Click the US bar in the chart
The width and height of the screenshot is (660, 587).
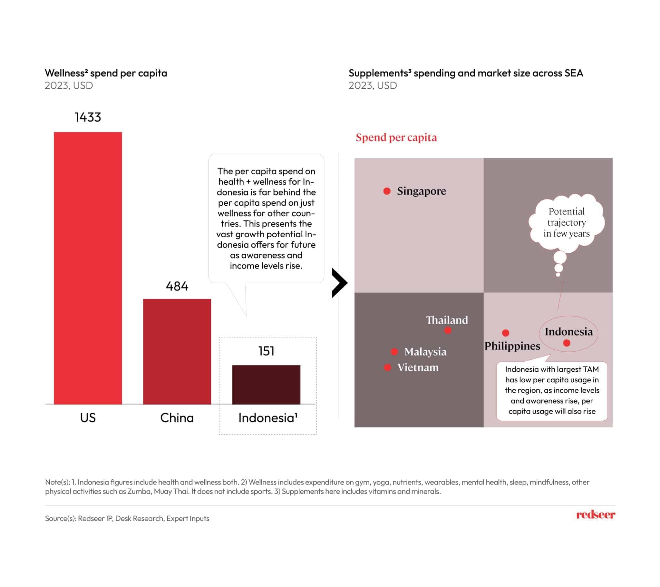(88, 268)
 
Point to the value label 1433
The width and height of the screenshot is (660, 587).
(88, 117)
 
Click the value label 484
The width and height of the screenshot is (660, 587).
(177, 286)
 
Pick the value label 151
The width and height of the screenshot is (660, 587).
(266, 351)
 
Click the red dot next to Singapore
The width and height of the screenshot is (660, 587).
(387, 191)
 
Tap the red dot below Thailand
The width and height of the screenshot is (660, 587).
(448, 330)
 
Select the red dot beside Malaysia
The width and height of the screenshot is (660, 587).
(394, 351)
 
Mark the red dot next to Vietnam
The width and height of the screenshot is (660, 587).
(387, 367)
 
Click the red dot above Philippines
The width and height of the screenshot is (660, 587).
(506, 333)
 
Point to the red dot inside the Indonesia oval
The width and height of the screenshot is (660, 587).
(567, 343)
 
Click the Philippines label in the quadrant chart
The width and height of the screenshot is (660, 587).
(512, 346)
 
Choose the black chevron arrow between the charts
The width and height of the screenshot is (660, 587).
(339, 283)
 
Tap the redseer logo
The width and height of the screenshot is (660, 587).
(596, 515)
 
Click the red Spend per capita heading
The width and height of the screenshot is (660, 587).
(396, 138)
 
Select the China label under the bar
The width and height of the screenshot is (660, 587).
(177, 418)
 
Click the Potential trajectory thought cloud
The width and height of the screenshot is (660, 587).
(566, 223)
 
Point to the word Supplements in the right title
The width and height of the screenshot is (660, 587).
(380, 73)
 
